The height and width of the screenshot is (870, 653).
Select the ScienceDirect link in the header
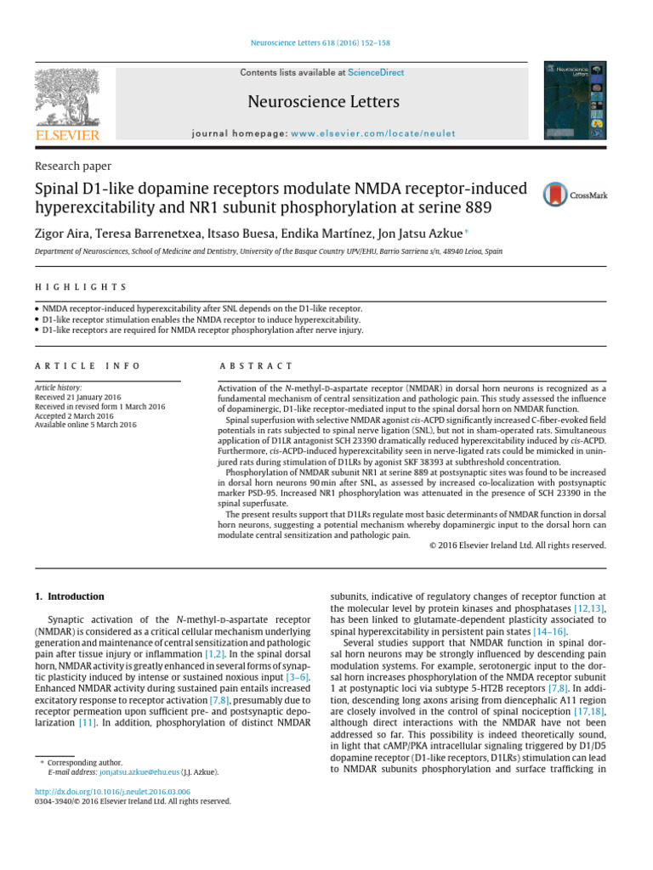point(376,73)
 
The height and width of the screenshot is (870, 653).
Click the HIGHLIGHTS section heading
point(80,288)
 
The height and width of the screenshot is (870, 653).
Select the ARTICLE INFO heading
point(88,366)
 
